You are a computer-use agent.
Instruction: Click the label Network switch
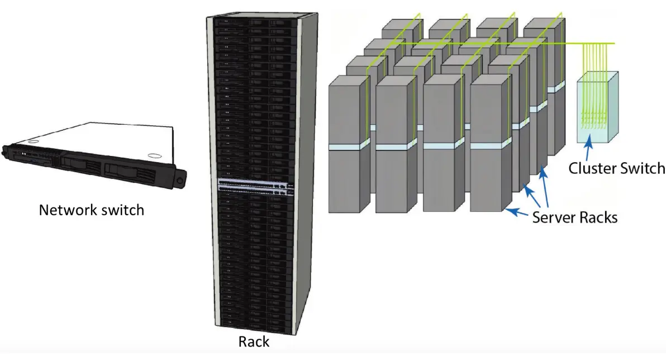(x=91, y=210)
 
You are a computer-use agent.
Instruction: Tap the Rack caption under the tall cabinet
(x=254, y=341)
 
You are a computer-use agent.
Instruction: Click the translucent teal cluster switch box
(x=598, y=106)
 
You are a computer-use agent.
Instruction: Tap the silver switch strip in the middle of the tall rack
(x=255, y=185)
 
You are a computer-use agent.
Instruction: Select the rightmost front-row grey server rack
(x=489, y=145)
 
